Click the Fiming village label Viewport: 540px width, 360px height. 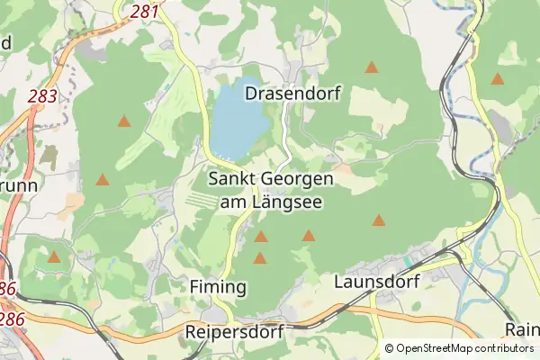pos(219,286)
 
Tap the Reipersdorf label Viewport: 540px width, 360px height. pos(234,332)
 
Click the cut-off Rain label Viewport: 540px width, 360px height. pos(522,329)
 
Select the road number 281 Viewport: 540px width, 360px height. pos(145,11)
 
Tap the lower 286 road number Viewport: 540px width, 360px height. pos(11,319)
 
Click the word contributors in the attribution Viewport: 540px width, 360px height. pos(505,348)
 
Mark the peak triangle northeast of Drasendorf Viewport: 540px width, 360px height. pos(371,67)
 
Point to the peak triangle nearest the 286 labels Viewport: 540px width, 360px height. pos(54,257)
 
